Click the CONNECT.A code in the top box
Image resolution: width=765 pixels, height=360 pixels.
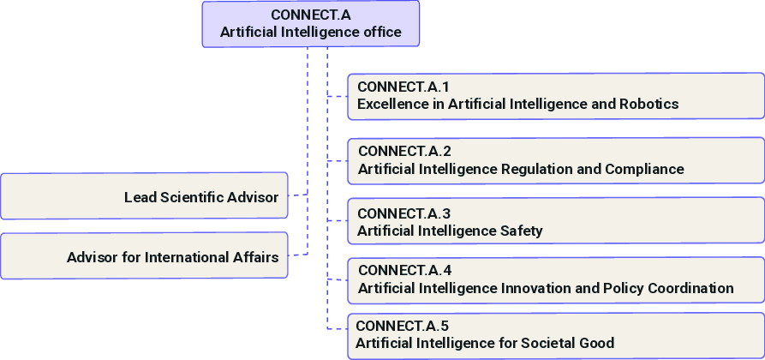point(310,15)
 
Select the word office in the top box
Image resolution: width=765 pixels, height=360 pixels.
point(378,33)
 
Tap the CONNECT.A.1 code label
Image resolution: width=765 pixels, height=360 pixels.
point(403,87)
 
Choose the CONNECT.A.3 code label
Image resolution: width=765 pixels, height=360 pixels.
point(403,213)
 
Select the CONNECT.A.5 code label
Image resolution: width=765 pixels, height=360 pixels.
point(402,326)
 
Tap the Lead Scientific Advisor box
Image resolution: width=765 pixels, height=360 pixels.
point(144,196)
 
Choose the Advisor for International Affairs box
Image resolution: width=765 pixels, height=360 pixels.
point(144,255)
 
